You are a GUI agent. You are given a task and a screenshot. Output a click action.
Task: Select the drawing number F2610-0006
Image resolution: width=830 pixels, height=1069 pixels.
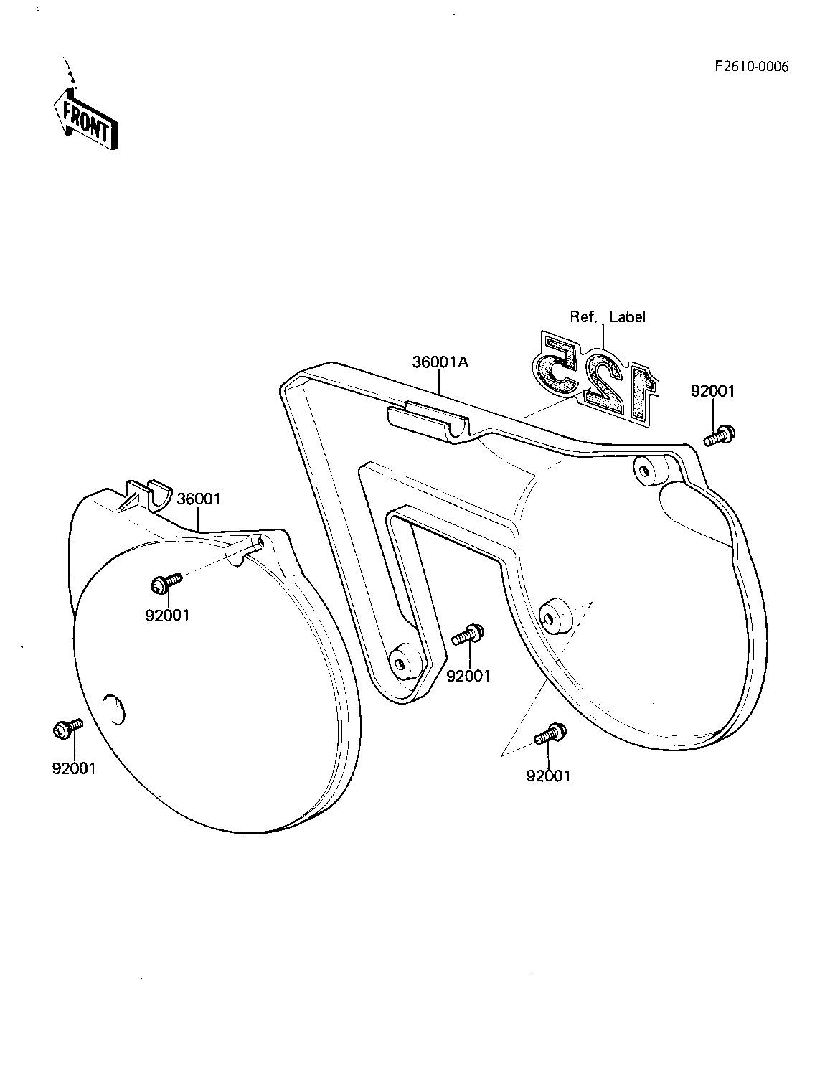click(x=751, y=67)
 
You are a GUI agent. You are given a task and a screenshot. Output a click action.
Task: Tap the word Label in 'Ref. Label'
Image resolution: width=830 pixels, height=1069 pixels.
click(x=627, y=317)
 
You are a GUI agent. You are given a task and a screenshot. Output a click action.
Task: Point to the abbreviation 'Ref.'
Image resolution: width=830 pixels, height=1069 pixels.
click(x=584, y=317)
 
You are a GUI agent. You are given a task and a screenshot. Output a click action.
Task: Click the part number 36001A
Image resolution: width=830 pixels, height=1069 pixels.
click(x=440, y=362)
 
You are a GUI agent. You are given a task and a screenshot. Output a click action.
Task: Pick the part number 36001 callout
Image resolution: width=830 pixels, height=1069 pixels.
click(x=199, y=499)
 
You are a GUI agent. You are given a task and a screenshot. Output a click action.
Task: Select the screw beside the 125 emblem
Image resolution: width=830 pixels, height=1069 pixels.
click(x=720, y=435)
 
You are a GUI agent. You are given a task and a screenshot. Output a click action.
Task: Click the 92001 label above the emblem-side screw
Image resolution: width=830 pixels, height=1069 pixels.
click(x=712, y=391)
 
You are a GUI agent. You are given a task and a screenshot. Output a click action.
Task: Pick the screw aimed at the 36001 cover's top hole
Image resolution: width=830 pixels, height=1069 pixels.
click(x=166, y=581)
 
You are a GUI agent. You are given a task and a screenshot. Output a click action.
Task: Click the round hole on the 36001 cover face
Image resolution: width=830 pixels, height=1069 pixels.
click(x=113, y=709)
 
